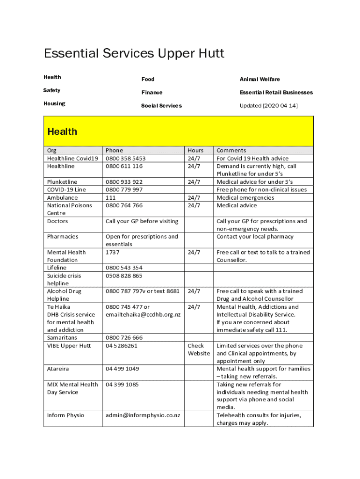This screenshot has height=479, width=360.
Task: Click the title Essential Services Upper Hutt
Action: click(x=134, y=54)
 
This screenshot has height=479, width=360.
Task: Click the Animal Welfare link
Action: click(x=259, y=80)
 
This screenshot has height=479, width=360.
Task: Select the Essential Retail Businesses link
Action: click(x=276, y=93)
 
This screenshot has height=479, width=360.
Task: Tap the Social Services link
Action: click(x=161, y=106)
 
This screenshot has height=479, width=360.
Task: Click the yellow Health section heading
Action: click(x=62, y=131)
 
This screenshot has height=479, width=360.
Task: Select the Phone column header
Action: click(x=114, y=150)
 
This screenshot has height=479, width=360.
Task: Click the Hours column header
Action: click(x=195, y=150)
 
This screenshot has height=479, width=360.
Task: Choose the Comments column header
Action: click(x=231, y=150)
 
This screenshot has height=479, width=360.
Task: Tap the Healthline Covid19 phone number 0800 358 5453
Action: click(x=125, y=159)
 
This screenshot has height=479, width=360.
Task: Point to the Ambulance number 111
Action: click(x=111, y=197)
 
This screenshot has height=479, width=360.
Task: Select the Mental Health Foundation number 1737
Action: click(x=113, y=252)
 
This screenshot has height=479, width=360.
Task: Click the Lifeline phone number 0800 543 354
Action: click(x=124, y=268)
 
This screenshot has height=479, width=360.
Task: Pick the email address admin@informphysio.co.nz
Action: click(x=143, y=415)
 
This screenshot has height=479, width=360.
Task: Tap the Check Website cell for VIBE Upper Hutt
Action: click(x=199, y=349)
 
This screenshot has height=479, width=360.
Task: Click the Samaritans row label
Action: click(x=62, y=337)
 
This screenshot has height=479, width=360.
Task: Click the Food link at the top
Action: click(x=148, y=80)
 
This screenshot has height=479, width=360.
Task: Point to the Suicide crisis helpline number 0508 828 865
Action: click(x=124, y=276)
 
